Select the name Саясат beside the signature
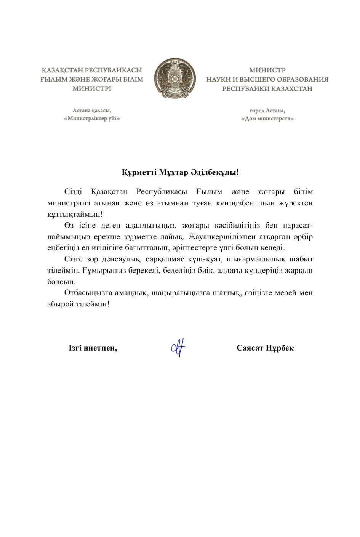tap(251, 348)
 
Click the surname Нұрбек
tap(281, 348)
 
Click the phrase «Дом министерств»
tap(267, 119)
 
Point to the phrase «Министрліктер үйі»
tap(92, 119)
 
